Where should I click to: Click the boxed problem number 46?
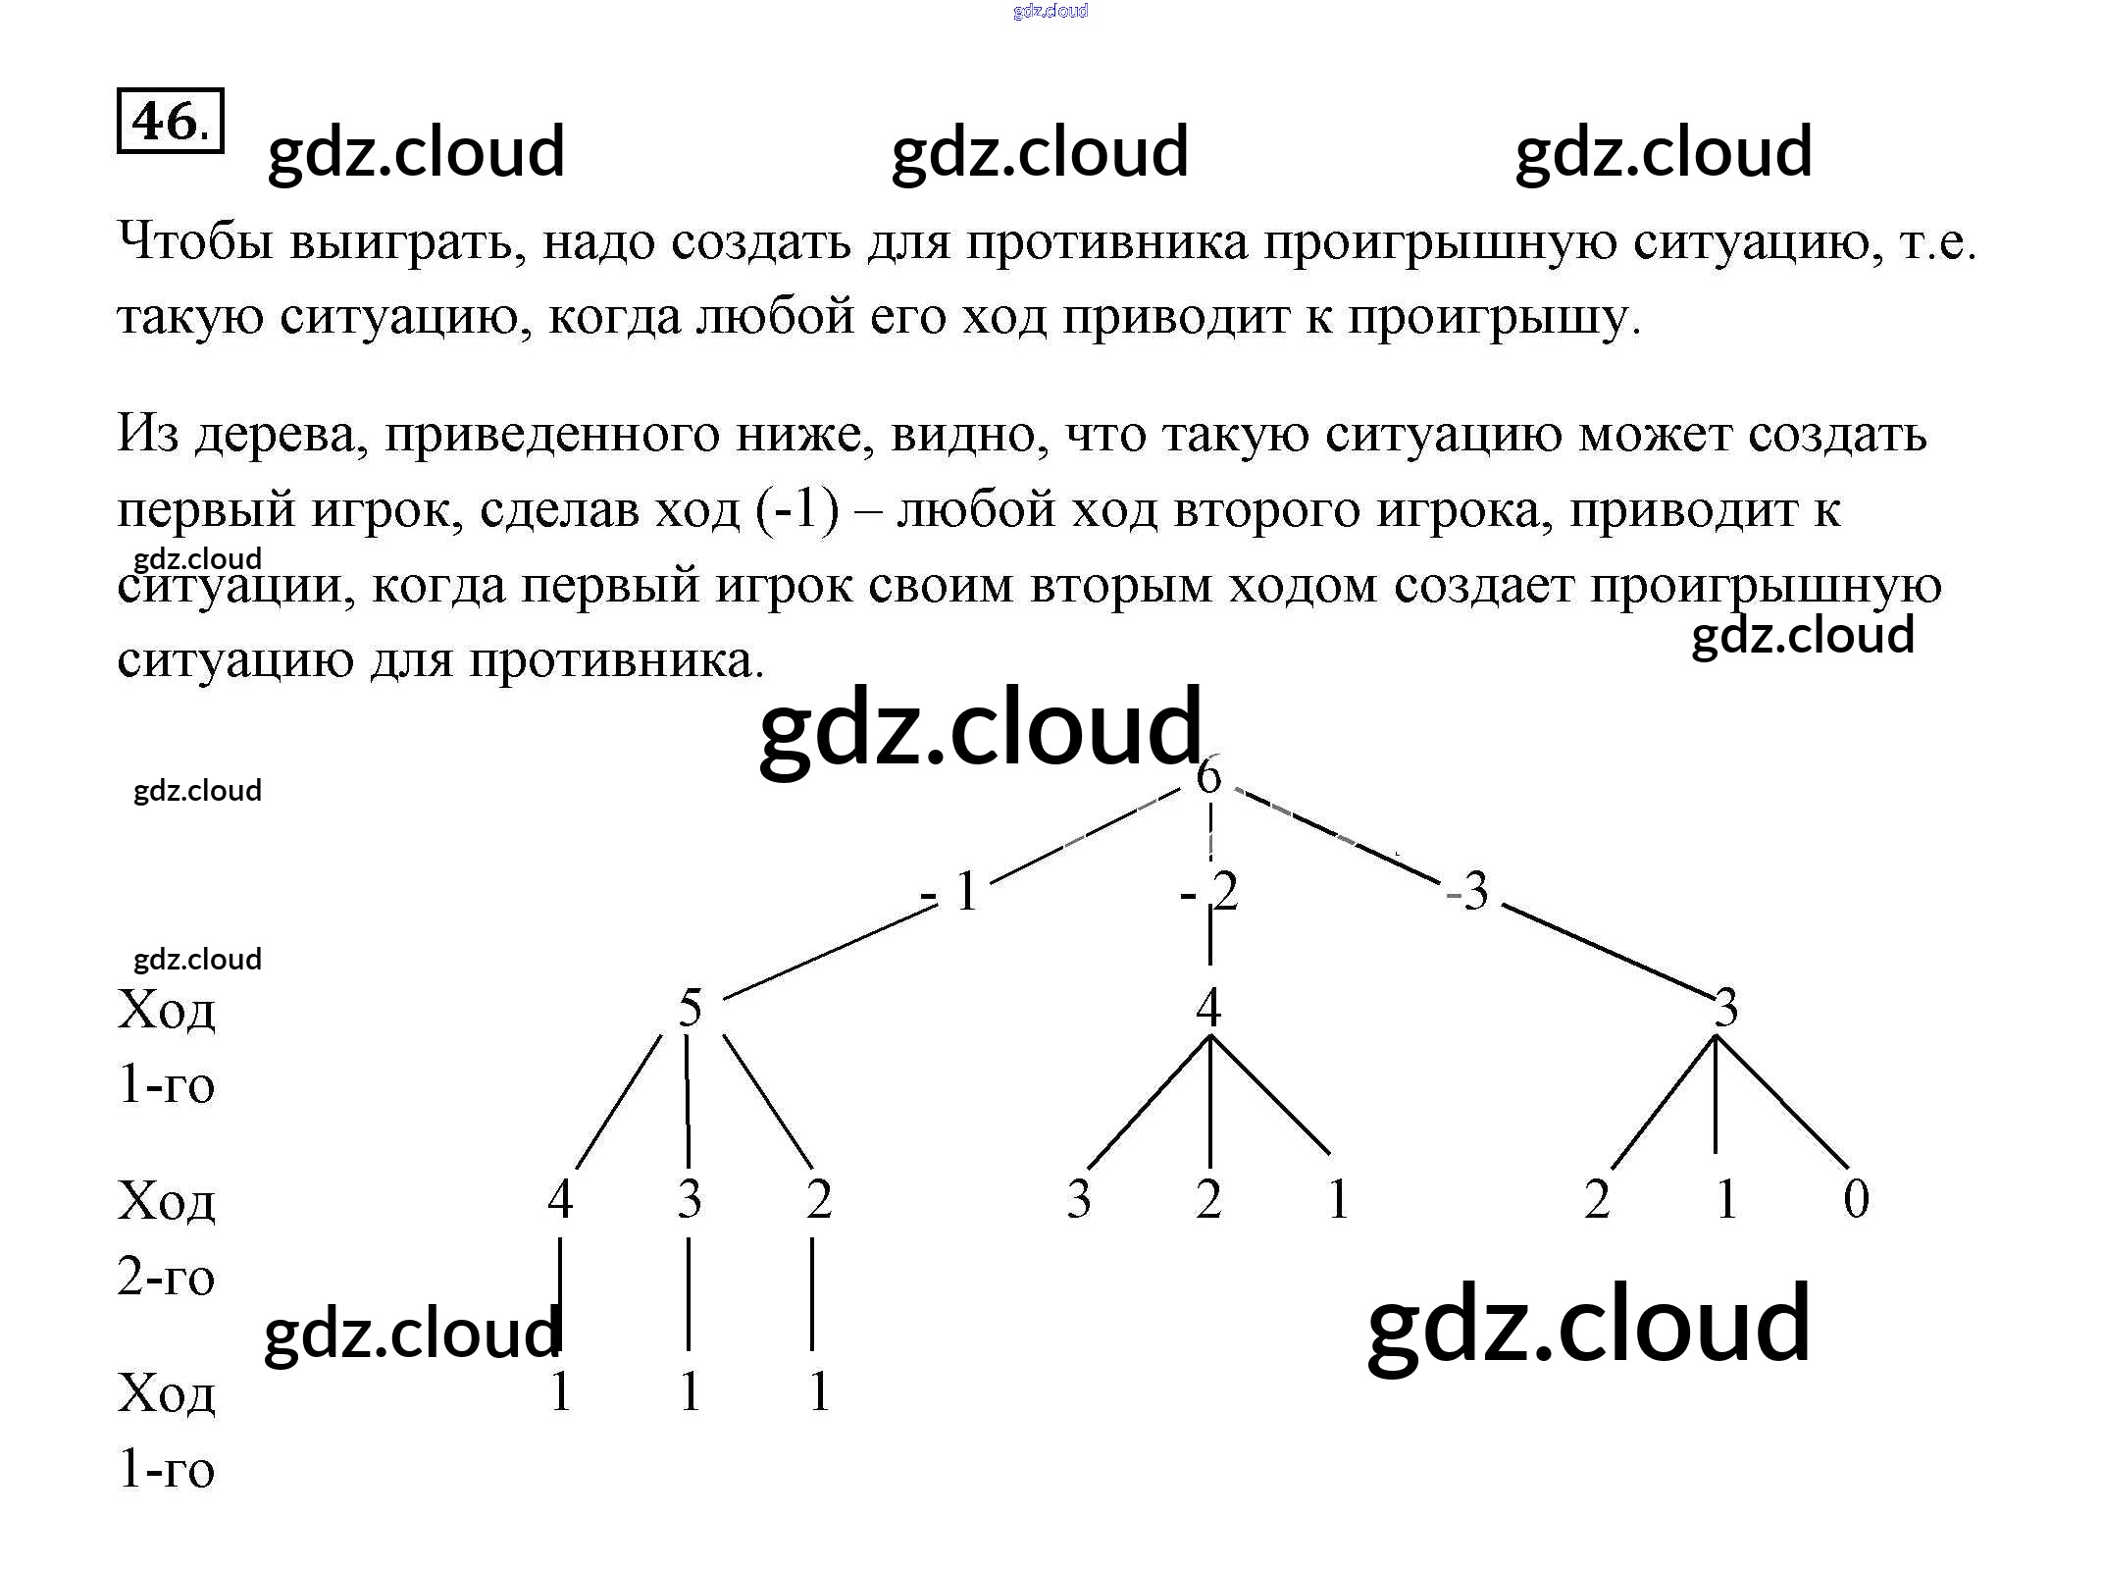pyautogui.click(x=170, y=122)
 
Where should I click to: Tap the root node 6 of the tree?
pyautogui.click(x=1208, y=775)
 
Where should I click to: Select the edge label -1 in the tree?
pyautogui.click(x=951, y=892)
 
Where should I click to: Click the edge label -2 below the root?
pyautogui.click(x=1210, y=892)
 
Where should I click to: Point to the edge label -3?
pyautogui.click(x=1468, y=892)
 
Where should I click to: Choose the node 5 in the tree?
pyautogui.click(x=691, y=1008)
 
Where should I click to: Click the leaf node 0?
pyautogui.click(x=1856, y=1198)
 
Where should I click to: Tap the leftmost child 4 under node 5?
pyautogui.click(x=560, y=1198)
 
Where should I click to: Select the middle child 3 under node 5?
pyautogui.click(x=690, y=1198)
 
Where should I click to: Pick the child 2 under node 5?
pyautogui.click(x=819, y=1198)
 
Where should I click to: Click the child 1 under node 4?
pyautogui.click(x=1338, y=1198)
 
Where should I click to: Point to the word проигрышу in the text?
pyautogui.click(x=1493, y=317)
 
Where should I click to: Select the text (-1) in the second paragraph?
pyautogui.click(x=797, y=509)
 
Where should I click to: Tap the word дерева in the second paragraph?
pyautogui.click(x=281, y=434)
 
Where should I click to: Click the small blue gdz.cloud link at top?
pyautogui.click(x=1051, y=11)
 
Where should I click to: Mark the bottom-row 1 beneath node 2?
pyautogui.click(x=819, y=1391)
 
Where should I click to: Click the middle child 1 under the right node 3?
pyautogui.click(x=1726, y=1198)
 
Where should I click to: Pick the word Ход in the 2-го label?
pyautogui.click(x=166, y=1199)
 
